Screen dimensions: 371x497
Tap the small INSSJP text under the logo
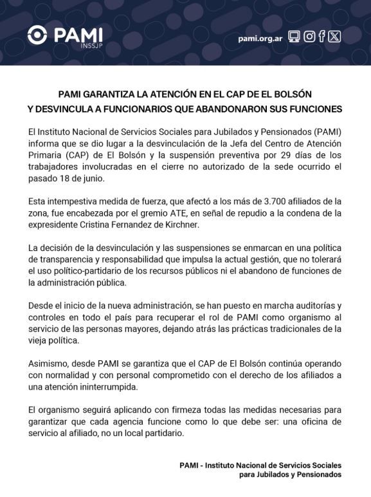coord(91,46)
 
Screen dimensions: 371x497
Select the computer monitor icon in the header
coord(294,37)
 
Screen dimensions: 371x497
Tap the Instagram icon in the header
coord(309,37)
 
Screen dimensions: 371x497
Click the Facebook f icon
coord(321,37)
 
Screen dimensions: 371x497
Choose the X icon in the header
coord(334,37)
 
